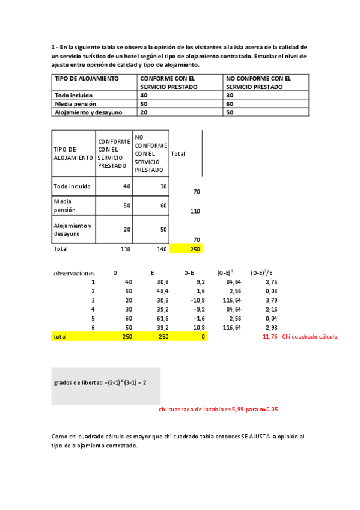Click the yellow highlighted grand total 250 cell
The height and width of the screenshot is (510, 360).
tap(186, 248)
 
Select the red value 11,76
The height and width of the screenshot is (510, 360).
tap(270, 337)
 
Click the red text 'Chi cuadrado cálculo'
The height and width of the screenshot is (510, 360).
tap(310, 337)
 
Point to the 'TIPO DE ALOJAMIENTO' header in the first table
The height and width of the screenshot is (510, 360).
tap(87, 78)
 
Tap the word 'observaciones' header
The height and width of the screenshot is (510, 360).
tap(75, 273)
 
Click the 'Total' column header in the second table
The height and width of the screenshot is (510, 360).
tap(178, 153)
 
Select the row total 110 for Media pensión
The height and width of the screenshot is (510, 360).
tap(195, 211)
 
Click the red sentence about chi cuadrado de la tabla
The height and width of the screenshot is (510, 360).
tap(218, 410)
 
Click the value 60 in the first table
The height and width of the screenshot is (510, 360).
tap(230, 104)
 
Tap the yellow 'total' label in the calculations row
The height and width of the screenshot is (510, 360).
tap(60, 337)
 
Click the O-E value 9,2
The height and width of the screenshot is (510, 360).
tap(200, 281)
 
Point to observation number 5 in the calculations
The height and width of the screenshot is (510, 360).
tap(93, 318)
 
